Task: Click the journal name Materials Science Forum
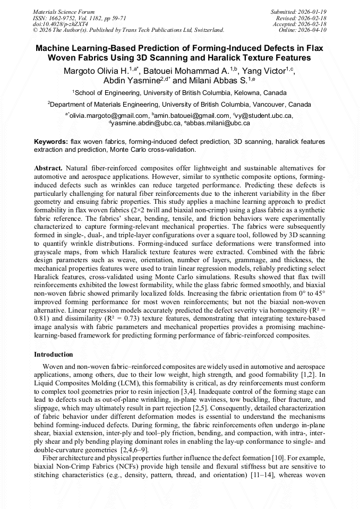64,11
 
